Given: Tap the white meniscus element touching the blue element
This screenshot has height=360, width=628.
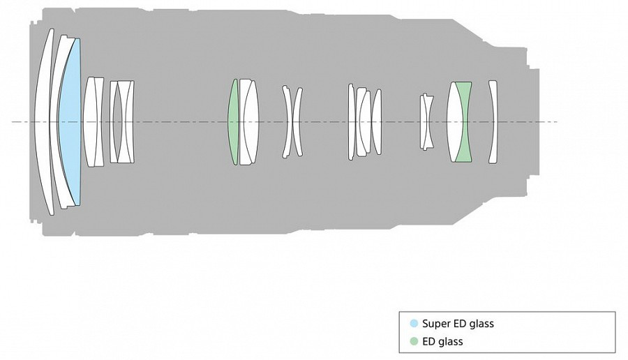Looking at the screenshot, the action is (57, 121).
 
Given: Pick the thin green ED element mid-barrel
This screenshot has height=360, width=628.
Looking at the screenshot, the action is (232, 121).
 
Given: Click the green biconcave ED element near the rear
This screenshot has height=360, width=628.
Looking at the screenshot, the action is (464, 121).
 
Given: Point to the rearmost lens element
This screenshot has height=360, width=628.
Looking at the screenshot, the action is (493, 121).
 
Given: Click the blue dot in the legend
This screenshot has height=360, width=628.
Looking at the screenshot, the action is (414, 324).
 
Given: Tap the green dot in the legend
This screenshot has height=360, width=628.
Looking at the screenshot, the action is (414, 342).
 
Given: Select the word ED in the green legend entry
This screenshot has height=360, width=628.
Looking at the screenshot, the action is (429, 342).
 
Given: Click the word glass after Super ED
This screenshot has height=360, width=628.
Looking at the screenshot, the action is (482, 324).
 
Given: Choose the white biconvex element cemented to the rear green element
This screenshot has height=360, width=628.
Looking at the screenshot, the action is (455, 121).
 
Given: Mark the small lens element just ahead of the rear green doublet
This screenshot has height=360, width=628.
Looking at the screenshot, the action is (427, 121).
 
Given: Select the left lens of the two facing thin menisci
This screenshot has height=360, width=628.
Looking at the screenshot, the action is (288, 121).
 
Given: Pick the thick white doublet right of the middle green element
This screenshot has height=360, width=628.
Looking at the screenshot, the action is (249, 121).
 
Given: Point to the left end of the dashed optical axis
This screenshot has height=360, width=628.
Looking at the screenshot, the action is (12, 121).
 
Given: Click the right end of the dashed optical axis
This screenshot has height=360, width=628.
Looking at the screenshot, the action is (557, 121).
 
